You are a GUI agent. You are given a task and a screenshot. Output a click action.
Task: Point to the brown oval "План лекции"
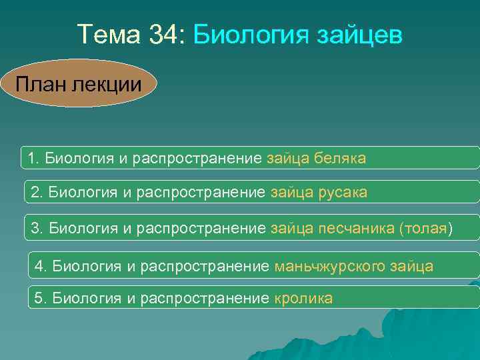tap(78, 84)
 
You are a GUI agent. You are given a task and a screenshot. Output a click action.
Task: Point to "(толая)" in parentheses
tap(425, 229)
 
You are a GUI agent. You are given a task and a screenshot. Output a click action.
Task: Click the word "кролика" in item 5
tap(303, 298)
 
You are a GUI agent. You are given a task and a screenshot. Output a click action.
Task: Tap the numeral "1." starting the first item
tap(33, 159)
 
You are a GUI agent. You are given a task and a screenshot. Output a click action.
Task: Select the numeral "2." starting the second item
tap(37, 193)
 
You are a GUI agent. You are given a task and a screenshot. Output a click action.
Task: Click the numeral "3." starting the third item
tap(37, 229)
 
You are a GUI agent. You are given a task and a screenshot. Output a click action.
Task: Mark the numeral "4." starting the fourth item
tap(41, 266)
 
